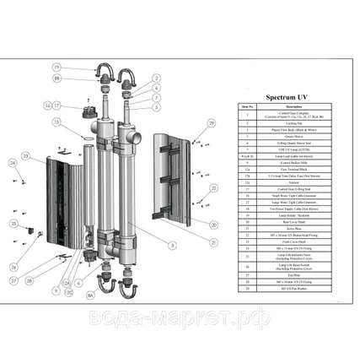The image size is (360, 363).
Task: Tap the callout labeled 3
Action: click(x=172, y=246)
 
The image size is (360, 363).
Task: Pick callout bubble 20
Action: click(x=214, y=225)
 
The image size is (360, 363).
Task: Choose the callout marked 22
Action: click(x=214, y=188)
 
